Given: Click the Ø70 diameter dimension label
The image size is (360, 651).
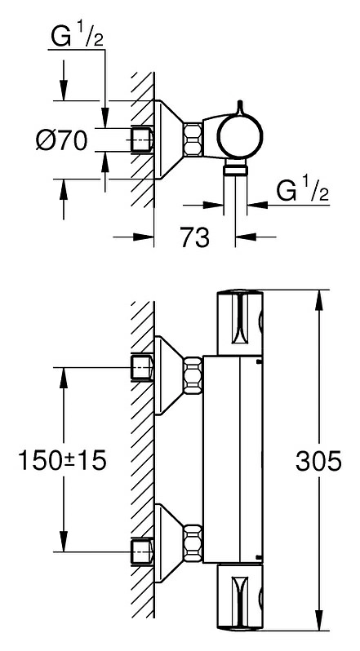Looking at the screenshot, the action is pos(62,140).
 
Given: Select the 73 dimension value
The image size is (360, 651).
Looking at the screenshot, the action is pos(195,237).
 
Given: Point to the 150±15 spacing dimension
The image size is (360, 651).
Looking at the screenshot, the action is pos(62,460).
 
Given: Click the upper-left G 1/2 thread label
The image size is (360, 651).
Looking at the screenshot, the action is pos(77,37).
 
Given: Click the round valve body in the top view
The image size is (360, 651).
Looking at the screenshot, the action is pos(241,135).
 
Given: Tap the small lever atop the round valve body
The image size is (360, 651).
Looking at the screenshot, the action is pos(240,107).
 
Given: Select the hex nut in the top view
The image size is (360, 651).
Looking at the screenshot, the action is pos(193,139).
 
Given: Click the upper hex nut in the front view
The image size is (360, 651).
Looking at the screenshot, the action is pos(193,376).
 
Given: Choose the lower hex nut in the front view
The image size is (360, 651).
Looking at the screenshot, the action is pos(193,543).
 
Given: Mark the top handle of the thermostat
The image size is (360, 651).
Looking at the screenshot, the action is pos(241,323).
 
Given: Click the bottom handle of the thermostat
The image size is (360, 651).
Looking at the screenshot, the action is pos(241,596).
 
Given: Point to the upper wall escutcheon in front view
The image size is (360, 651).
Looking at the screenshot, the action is pos(168,376).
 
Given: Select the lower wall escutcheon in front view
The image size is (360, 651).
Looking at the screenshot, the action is pos(168,543).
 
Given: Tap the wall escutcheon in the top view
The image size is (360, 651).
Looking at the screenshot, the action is pos(168,139).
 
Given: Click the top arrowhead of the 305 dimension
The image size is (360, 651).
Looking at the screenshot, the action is pos(319,299).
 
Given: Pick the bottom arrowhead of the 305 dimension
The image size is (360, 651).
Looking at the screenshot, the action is pos(319,620).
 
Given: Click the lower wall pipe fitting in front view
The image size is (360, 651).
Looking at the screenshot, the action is pos(142,551).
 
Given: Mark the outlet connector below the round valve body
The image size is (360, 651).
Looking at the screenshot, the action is pos(235,170).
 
